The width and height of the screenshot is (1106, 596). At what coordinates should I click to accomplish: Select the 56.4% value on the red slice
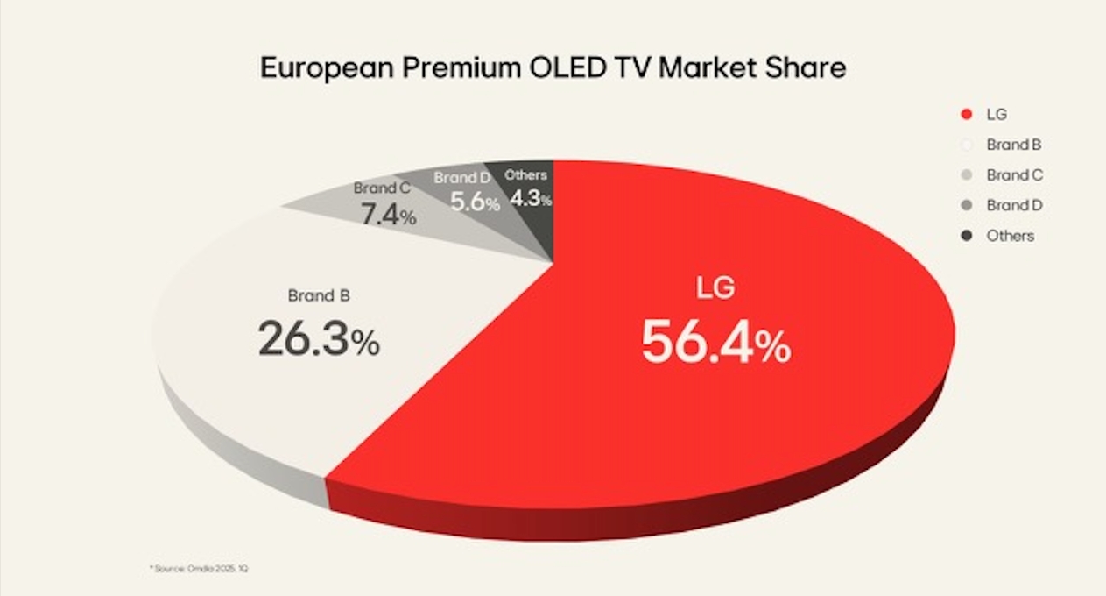[x=715, y=342]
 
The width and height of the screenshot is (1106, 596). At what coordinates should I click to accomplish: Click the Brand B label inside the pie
[x=319, y=295]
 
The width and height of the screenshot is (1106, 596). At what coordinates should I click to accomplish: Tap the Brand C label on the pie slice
[x=382, y=188]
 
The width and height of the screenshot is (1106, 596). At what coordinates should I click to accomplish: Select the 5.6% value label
[x=475, y=202]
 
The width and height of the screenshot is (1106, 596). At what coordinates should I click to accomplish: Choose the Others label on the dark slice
[x=525, y=175]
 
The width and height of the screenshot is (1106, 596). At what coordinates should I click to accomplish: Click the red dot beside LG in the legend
[x=966, y=114]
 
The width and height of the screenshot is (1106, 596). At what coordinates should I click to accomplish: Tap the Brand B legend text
[x=1013, y=145]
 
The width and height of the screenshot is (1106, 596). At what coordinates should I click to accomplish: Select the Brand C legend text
[x=1014, y=174]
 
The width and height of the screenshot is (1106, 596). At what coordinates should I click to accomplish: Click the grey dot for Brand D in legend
[x=966, y=205]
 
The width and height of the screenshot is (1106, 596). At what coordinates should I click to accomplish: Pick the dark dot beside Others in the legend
[x=966, y=236]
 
